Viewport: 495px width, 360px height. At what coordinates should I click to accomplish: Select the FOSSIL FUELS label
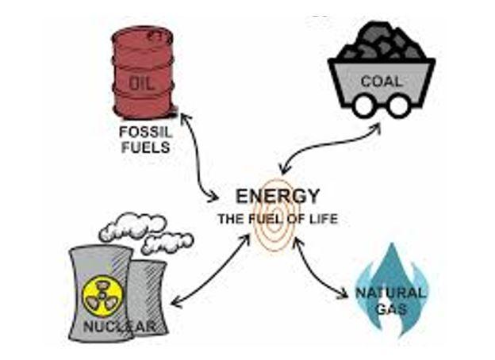point(144,139)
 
